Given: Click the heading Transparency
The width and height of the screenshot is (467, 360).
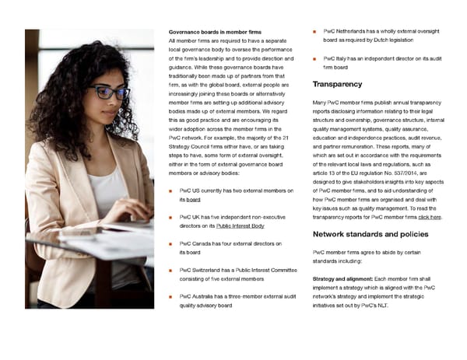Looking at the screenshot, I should [x=337, y=84].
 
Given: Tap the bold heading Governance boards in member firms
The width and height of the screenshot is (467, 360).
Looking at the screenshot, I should [x=215, y=31].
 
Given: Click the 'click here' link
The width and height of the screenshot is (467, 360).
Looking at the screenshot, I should [x=429, y=217].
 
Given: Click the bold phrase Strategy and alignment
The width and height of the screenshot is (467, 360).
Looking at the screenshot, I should [x=342, y=278].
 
